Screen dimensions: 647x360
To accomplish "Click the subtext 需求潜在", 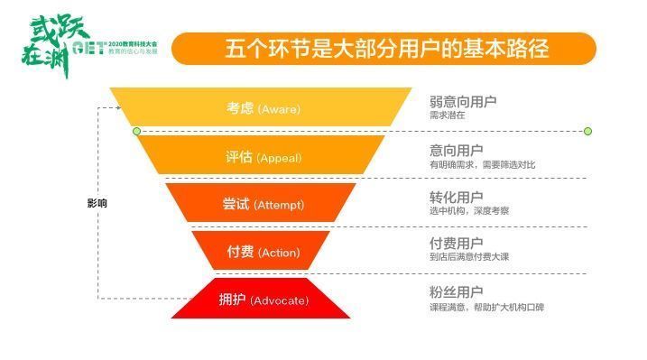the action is coord(448,115).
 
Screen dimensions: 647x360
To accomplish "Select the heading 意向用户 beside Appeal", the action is coord(456,149).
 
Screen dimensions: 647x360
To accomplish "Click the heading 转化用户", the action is coord(456,197).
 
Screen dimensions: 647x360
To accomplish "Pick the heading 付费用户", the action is coord(456,244).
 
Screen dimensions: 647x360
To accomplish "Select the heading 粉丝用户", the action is coord(456,291).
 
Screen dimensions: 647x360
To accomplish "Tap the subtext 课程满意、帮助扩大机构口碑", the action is coord(486,307).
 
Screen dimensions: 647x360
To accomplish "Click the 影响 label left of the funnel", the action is coord(97,203).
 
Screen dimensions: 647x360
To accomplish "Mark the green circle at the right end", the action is coord(587,132).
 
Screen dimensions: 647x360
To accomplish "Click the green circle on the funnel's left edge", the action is coord(137,132).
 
